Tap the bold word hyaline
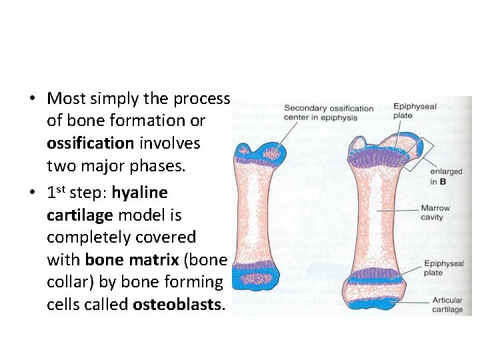tap(140, 193)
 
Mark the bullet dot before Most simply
tap(32, 99)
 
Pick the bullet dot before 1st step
tap(32, 193)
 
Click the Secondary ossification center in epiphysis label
tap(328, 113)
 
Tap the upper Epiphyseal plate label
tap(414, 110)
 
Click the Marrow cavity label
tap(435, 213)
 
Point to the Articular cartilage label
tap(447, 305)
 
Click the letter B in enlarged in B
tap(443, 181)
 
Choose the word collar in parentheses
tap(68, 282)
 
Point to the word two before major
tap(61, 165)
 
